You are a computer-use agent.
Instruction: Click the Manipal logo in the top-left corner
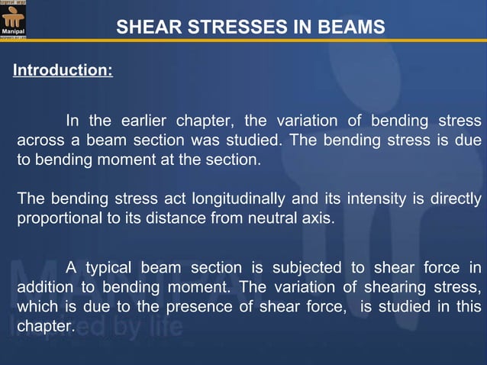tap(15, 20)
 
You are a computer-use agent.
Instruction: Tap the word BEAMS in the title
tap(352, 29)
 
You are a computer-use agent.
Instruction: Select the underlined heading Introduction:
tap(63, 72)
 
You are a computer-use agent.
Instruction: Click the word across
tap(40, 141)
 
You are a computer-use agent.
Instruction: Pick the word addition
tap(45, 288)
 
